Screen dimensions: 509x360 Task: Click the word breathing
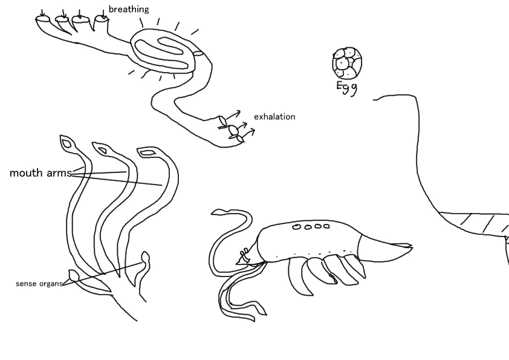click(129, 9)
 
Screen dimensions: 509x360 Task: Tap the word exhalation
click(274, 117)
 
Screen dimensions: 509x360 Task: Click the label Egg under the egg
click(347, 88)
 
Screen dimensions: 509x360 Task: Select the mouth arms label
click(41, 173)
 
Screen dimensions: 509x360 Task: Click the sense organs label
click(39, 284)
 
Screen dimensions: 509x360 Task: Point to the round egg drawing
click(347, 63)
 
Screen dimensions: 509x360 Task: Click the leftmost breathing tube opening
click(42, 19)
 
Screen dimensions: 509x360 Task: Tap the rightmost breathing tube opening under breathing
click(102, 19)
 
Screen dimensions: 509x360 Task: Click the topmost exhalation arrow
click(233, 115)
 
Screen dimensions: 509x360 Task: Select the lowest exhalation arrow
click(248, 133)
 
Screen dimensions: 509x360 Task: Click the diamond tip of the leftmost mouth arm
click(68, 142)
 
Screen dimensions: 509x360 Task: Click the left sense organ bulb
click(73, 275)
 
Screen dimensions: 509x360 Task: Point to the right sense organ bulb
click(145, 258)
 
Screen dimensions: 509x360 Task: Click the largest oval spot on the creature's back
click(296, 227)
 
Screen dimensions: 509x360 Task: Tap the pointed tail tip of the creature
click(412, 247)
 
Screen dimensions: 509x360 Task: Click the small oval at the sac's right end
click(198, 53)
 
